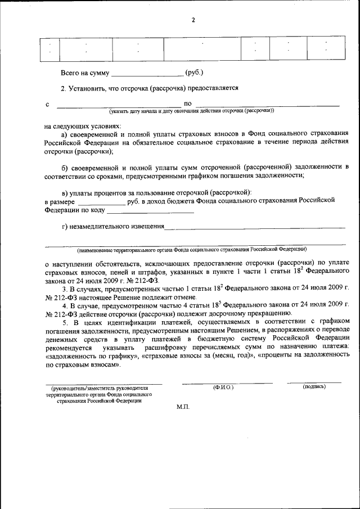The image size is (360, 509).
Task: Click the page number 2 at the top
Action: pyautogui.click(x=193, y=20)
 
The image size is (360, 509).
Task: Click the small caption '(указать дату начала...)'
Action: pyautogui.click(x=192, y=111)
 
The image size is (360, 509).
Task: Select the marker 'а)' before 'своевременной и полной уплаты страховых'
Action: pyautogui.click(x=65, y=134)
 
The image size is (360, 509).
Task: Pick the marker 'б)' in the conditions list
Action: pyautogui.click(x=65, y=167)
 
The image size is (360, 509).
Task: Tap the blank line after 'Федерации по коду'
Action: pyautogui.click(x=150, y=213)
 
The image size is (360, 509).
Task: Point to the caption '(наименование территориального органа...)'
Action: pyautogui.click(x=192, y=249)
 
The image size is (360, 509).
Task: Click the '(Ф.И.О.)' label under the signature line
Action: pyautogui.click(x=223, y=388)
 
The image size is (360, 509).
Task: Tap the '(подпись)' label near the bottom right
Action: pyautogui.click(x=314, y=387)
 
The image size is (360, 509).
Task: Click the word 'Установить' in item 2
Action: pyautogui.click(x=85, y=88)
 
